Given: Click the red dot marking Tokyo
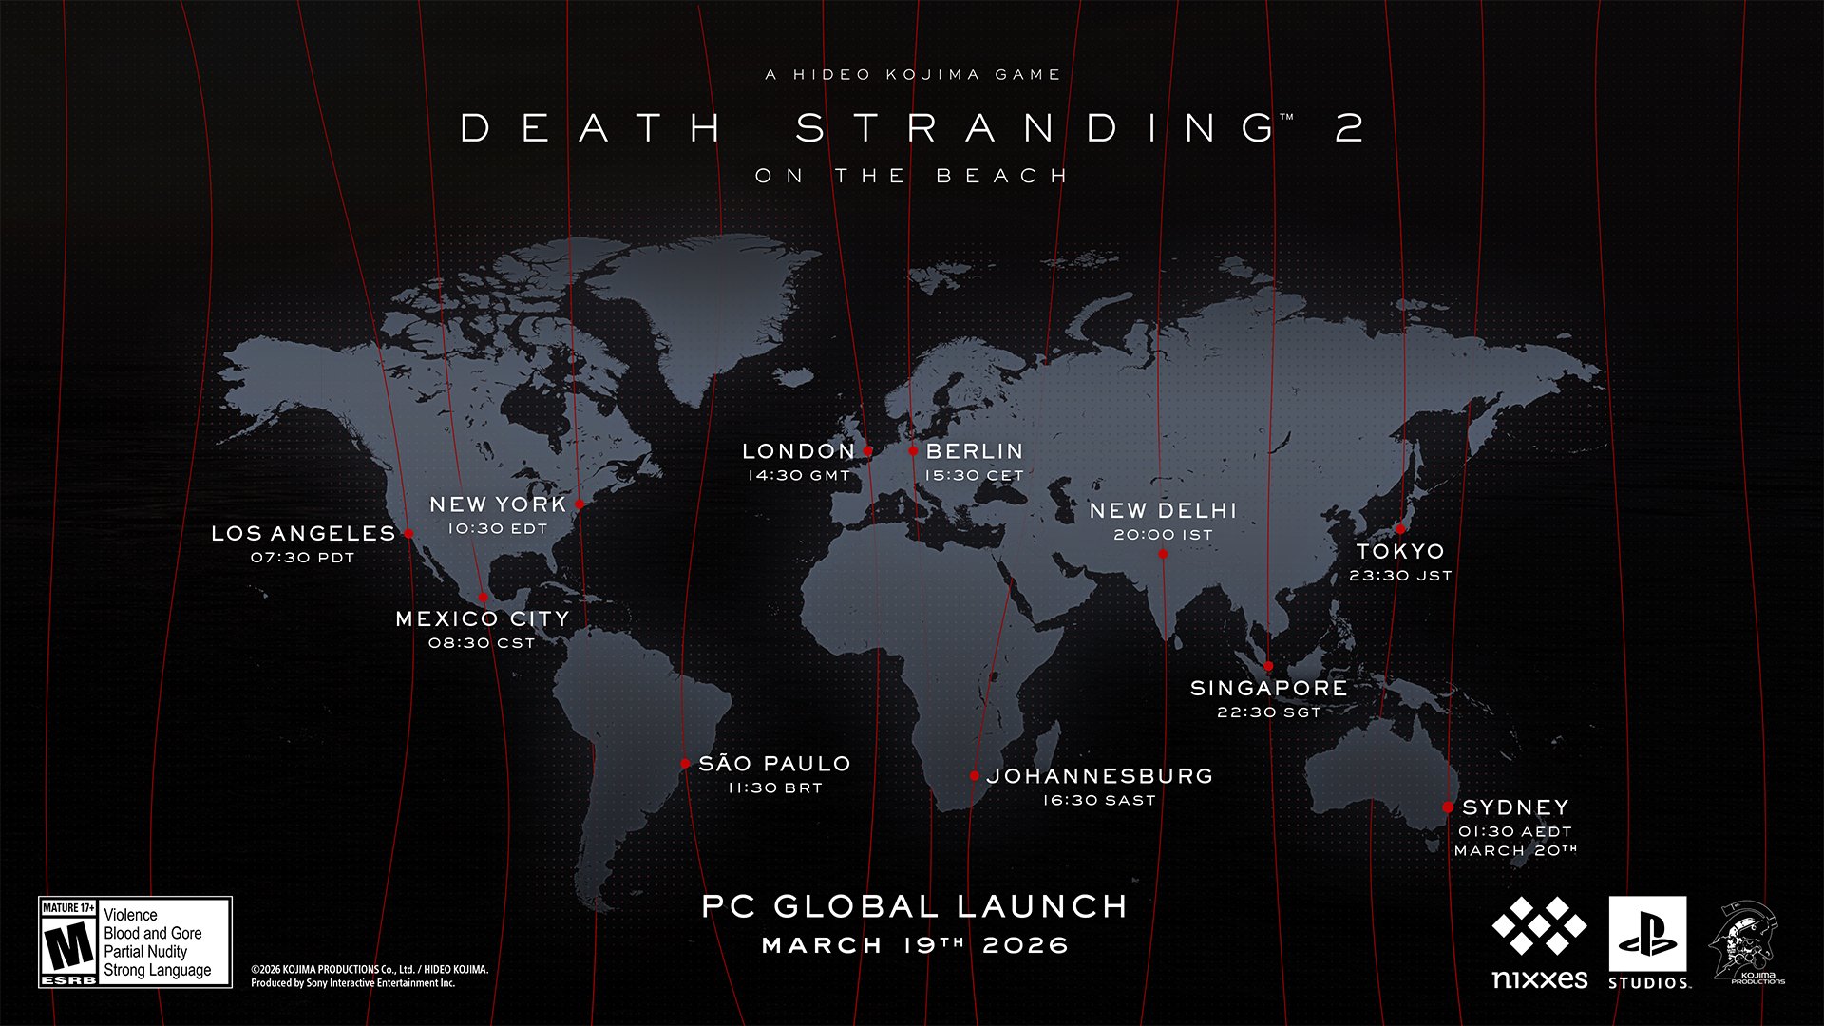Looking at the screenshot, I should pyautogui.click(x=1400, y=529).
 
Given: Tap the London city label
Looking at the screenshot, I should pyautogui.click(x=798, y=451).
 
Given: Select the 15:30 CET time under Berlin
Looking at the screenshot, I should pyautogui.click(x=974, y=475).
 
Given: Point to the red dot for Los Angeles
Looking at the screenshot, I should pyautogui.click(x=408, y=534).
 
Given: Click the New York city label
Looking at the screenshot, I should pyautogui.click(x=498, y=504).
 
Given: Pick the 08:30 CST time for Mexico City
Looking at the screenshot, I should pyautogui.click(x=482, y=643).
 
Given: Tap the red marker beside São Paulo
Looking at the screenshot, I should pyautogui.click(x=685, y=764).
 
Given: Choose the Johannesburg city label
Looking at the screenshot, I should pyautogui.click(x=1100, y=776).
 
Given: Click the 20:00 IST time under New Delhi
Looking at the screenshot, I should pyautogui.click(x=1163, y=535).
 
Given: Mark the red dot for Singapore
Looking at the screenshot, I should pyautogui.click(x=1268, y=666).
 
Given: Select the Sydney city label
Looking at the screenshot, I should pyautogui.click(x=1515, y=807).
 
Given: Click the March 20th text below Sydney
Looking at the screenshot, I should pyautogui.click(x=1515, y=850).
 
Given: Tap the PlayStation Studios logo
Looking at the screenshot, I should pyautogui.click(x=1647, y=942).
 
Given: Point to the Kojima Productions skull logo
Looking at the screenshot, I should pyautogui.click(x=1746, y=942).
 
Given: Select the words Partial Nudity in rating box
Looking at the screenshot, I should pyautogui.click(x=145, y=952).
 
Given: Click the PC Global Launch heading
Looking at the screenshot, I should pyautogui.click(x=914, y=906).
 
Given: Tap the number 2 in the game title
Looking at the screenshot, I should pyautogui.click(x=1349, y=128).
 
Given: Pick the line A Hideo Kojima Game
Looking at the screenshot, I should pyautogui.click(x=913, y=74).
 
